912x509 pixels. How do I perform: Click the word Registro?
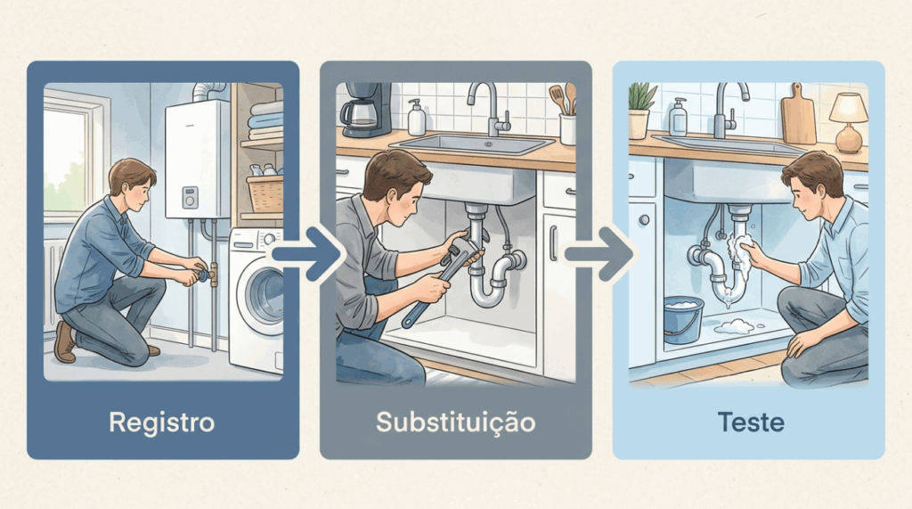pyautogui.click(x=162, y=423)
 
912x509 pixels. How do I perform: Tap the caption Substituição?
pyautogui.click(x=455, y=423)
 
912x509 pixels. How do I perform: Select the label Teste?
pyautogui.click(x=751, y=423)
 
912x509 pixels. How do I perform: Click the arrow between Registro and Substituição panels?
pyautogui.click(x=306, y=254)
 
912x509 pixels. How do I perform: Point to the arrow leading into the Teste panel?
pyautogui.click(x=599, y=254)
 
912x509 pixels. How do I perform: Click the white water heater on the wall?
pyautogui.click(x=197, y=159)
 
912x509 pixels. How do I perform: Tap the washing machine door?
pyautogui.click(x=264, y=297)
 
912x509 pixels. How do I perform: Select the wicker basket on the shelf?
pyautogui.click(x=265, y=193)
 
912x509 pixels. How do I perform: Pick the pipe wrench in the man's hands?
pyautogui.click(x=447, y=275)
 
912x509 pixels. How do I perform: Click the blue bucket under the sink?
pyautogui.click(x=683, y=318)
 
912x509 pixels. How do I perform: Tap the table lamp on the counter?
pyautogui.click(x=849, y=122)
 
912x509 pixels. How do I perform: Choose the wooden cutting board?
pyautogui.click(x=798, y=114)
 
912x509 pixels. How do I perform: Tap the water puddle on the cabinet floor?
pyautogui.click(x=735, y=326)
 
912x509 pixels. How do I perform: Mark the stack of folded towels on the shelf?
pyautogui.click(x=265, y=120)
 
